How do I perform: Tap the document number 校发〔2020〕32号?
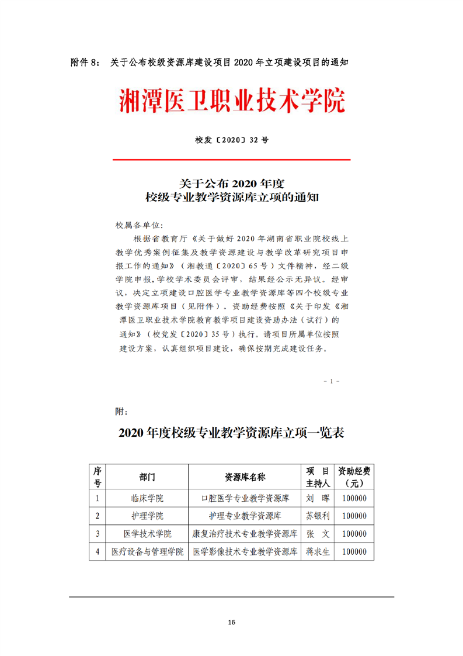(231, 140)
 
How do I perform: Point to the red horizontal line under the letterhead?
(231, 160)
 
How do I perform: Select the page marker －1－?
(331, 381)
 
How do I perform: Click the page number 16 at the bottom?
(232, 622)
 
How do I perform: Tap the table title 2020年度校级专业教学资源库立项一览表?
(231, 433)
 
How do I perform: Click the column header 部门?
(147, 477)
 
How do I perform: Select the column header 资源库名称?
(245, 477)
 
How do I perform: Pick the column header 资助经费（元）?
(354, 477)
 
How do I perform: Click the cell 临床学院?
(147, 499)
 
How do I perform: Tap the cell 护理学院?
(147, 516)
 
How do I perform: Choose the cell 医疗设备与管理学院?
(147, 551)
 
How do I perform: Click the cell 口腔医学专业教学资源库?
(245, 499)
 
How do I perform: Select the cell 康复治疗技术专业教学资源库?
(245, 534)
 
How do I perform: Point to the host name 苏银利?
(318, 516)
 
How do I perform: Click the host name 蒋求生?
(318, 551)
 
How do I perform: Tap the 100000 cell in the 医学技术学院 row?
(354, 534)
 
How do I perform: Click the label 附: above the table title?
(121, 412)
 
